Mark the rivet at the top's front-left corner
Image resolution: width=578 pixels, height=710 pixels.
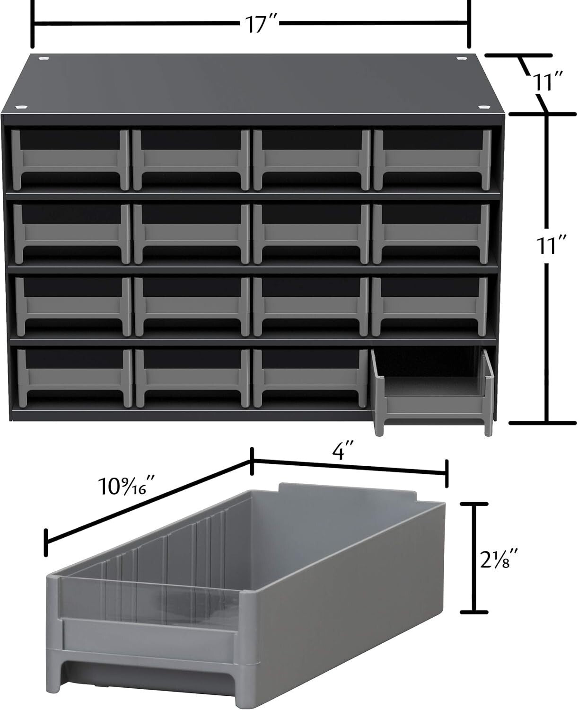21,108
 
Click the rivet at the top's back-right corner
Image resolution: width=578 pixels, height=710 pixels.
461,58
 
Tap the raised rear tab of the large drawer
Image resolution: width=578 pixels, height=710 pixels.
348,490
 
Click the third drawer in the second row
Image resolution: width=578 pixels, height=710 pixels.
311,232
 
